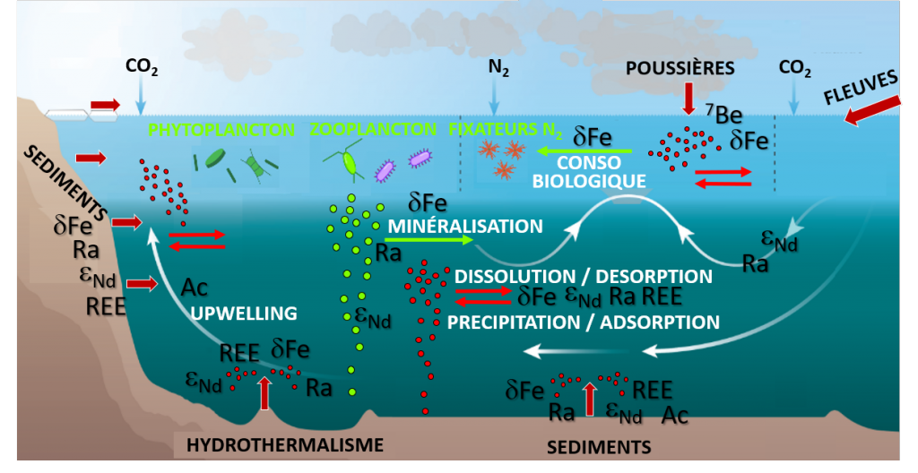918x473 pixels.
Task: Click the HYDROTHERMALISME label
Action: pos(285,445)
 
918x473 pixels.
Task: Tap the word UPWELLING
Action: pos(244,314)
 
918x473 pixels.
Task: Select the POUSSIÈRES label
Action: pos(680,68)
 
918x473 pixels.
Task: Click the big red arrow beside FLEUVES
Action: pos(872,111)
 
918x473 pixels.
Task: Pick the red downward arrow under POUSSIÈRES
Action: pos(688,98)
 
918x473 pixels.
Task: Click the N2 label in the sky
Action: pos(498,69)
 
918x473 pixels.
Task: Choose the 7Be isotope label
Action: pos(723,114)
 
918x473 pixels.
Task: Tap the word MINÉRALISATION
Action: pos(465,226)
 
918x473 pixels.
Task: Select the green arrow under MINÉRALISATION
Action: pos(429,240)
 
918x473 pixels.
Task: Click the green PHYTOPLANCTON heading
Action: pos(221,129)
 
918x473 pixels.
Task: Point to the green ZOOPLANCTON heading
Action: pos(373,129)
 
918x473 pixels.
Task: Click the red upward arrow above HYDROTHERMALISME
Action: pos(264,392)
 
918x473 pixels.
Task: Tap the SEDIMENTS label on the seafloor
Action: pos(599,447)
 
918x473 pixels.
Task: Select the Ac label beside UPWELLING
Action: pos(195,288)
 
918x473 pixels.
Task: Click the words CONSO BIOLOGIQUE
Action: pos(589,171)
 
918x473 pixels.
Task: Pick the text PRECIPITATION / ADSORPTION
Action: pos(583,322)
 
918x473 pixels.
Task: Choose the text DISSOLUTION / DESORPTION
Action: pos(583,276)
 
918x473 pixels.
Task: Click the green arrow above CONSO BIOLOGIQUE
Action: pos(585,151)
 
